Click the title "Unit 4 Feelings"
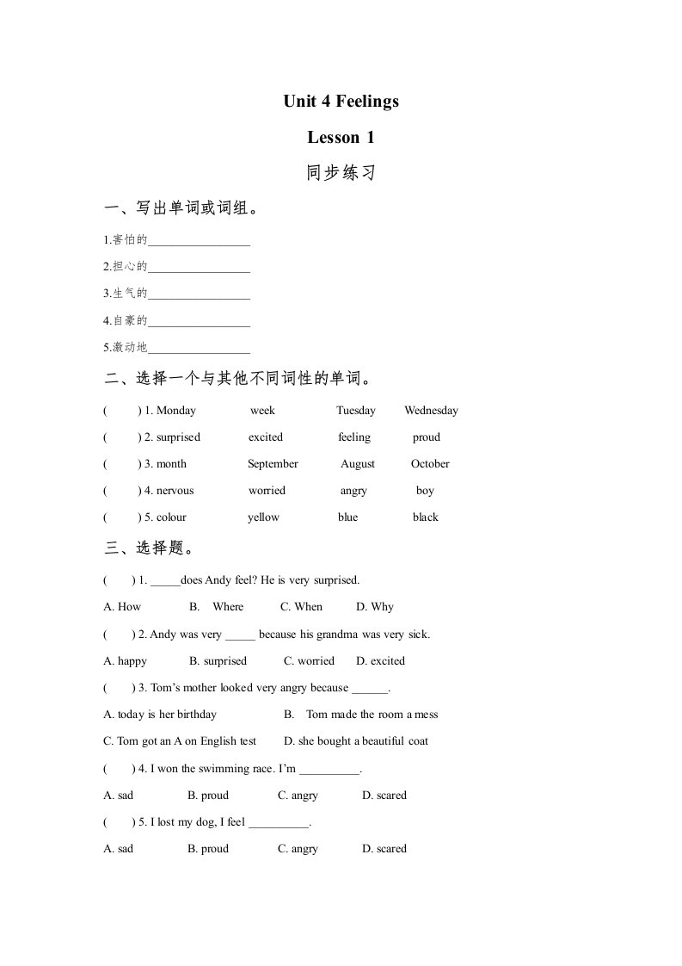(341, 102)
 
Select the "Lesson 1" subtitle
(341, 137)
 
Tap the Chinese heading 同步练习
(341, 173)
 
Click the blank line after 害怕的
(199, 242)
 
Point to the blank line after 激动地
(199, 349)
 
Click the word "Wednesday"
(431, 411)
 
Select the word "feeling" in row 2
(354, 437)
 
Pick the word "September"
(273, 464)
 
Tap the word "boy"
(425, 491)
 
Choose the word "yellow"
(263, 517)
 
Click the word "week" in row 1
(262, 411)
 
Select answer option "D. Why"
(375, 607)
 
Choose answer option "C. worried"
(309, 661)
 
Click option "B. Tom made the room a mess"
(361, 715)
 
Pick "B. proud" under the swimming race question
(208, 796)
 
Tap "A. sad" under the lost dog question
(119, 849)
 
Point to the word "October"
(430, 464)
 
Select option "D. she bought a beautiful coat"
(356, 741)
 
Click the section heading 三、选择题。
(149, 548)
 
